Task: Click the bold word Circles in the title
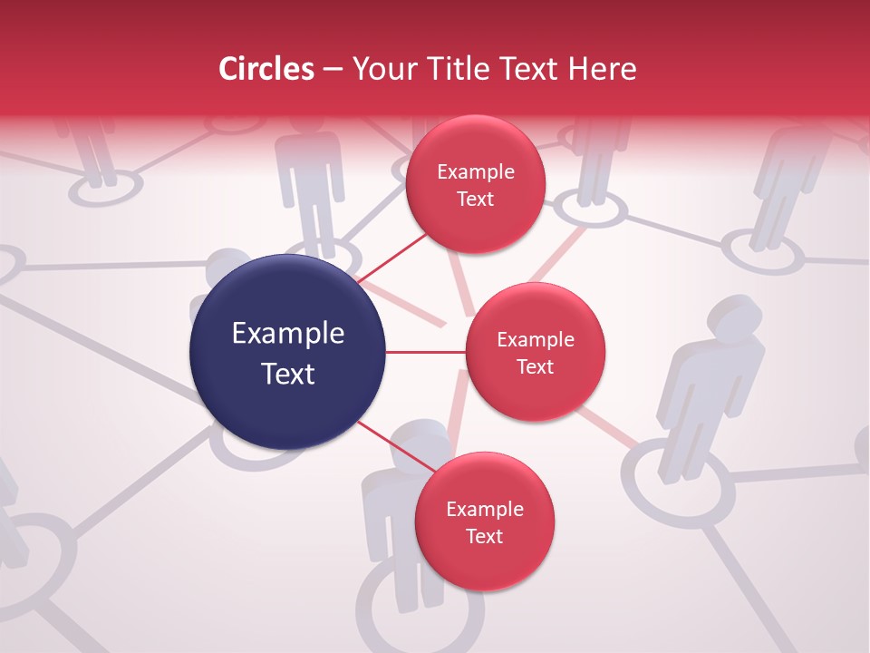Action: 266,69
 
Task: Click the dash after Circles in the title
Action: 333,70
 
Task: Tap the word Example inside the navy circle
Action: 288,334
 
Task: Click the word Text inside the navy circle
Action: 288,374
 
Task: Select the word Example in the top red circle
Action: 476,172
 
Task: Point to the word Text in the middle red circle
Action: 535,366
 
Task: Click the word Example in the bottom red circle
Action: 484,509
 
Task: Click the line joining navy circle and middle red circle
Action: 425,352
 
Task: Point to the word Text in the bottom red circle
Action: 484,537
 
